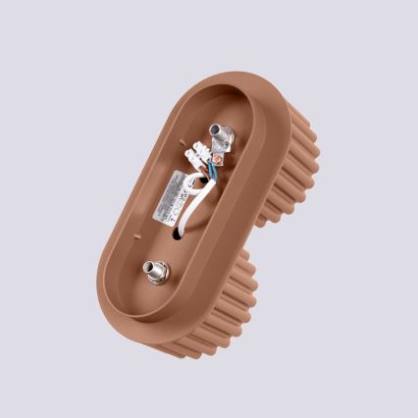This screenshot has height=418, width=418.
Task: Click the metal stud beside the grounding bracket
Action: (217, 134)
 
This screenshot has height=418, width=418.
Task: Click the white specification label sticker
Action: (169, 193)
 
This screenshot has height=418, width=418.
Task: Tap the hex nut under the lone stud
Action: (156, 274)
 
